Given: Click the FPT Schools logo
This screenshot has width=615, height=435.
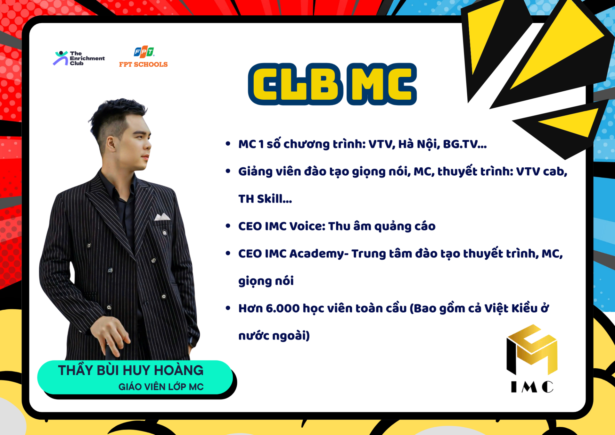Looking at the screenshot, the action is (x=143, y=57).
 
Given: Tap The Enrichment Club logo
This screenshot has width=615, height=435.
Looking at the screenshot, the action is (x=79, y=58).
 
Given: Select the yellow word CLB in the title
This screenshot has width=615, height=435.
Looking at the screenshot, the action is (x=296, y=84).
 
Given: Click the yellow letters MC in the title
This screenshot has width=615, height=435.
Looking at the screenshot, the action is (x=382, y=84).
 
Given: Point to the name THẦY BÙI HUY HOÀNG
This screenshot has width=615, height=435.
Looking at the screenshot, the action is (x=131, y=370).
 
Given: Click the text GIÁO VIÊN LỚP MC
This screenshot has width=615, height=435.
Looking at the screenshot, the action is (x=161, y=387).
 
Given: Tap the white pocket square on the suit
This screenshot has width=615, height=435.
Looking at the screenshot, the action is (x=162, y=217).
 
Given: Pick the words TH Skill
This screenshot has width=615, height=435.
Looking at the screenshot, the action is (x=265, y=199).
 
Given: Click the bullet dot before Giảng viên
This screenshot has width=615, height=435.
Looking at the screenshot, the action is (x=228, y=171).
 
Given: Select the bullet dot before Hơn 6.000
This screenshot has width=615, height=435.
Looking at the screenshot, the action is (x=228, y=308).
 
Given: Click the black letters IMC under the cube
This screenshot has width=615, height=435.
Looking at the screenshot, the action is (x=532, y=387).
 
